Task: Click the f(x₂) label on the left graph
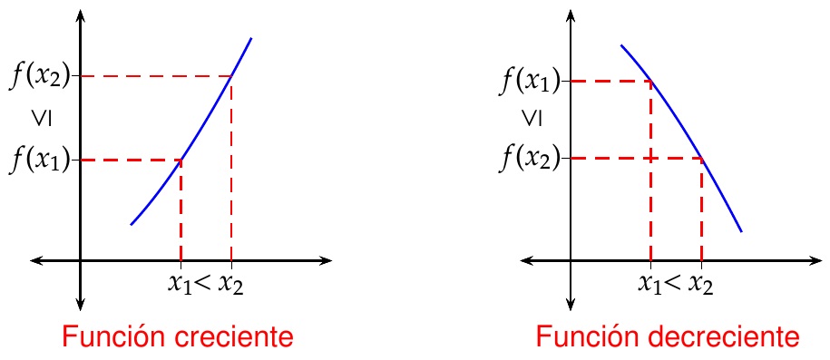click(40, 76)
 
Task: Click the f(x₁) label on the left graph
click(40, 161)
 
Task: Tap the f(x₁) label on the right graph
click(531, 82)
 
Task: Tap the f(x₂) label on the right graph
click(531, 159)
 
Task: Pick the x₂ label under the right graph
click(699, 283)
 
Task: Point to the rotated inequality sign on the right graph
click(531, 119)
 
